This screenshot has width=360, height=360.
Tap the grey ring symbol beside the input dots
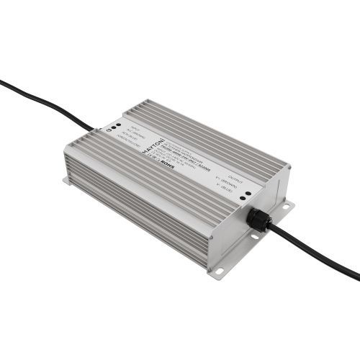coord(107,130)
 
